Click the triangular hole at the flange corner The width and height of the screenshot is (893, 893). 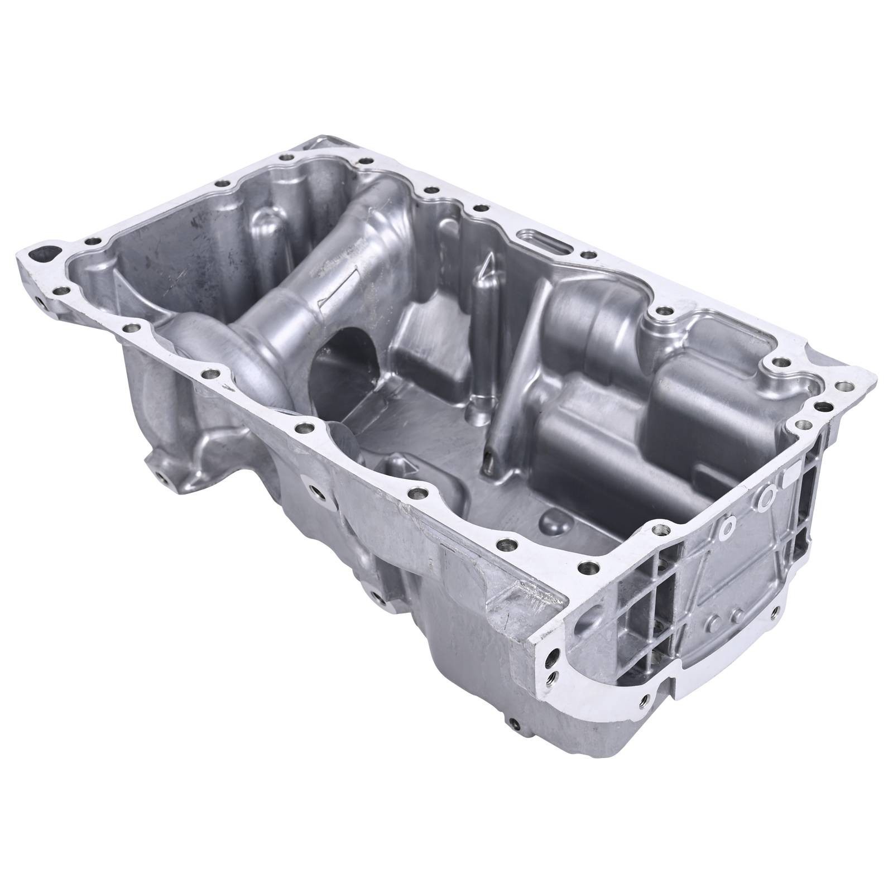click(46, 253)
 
